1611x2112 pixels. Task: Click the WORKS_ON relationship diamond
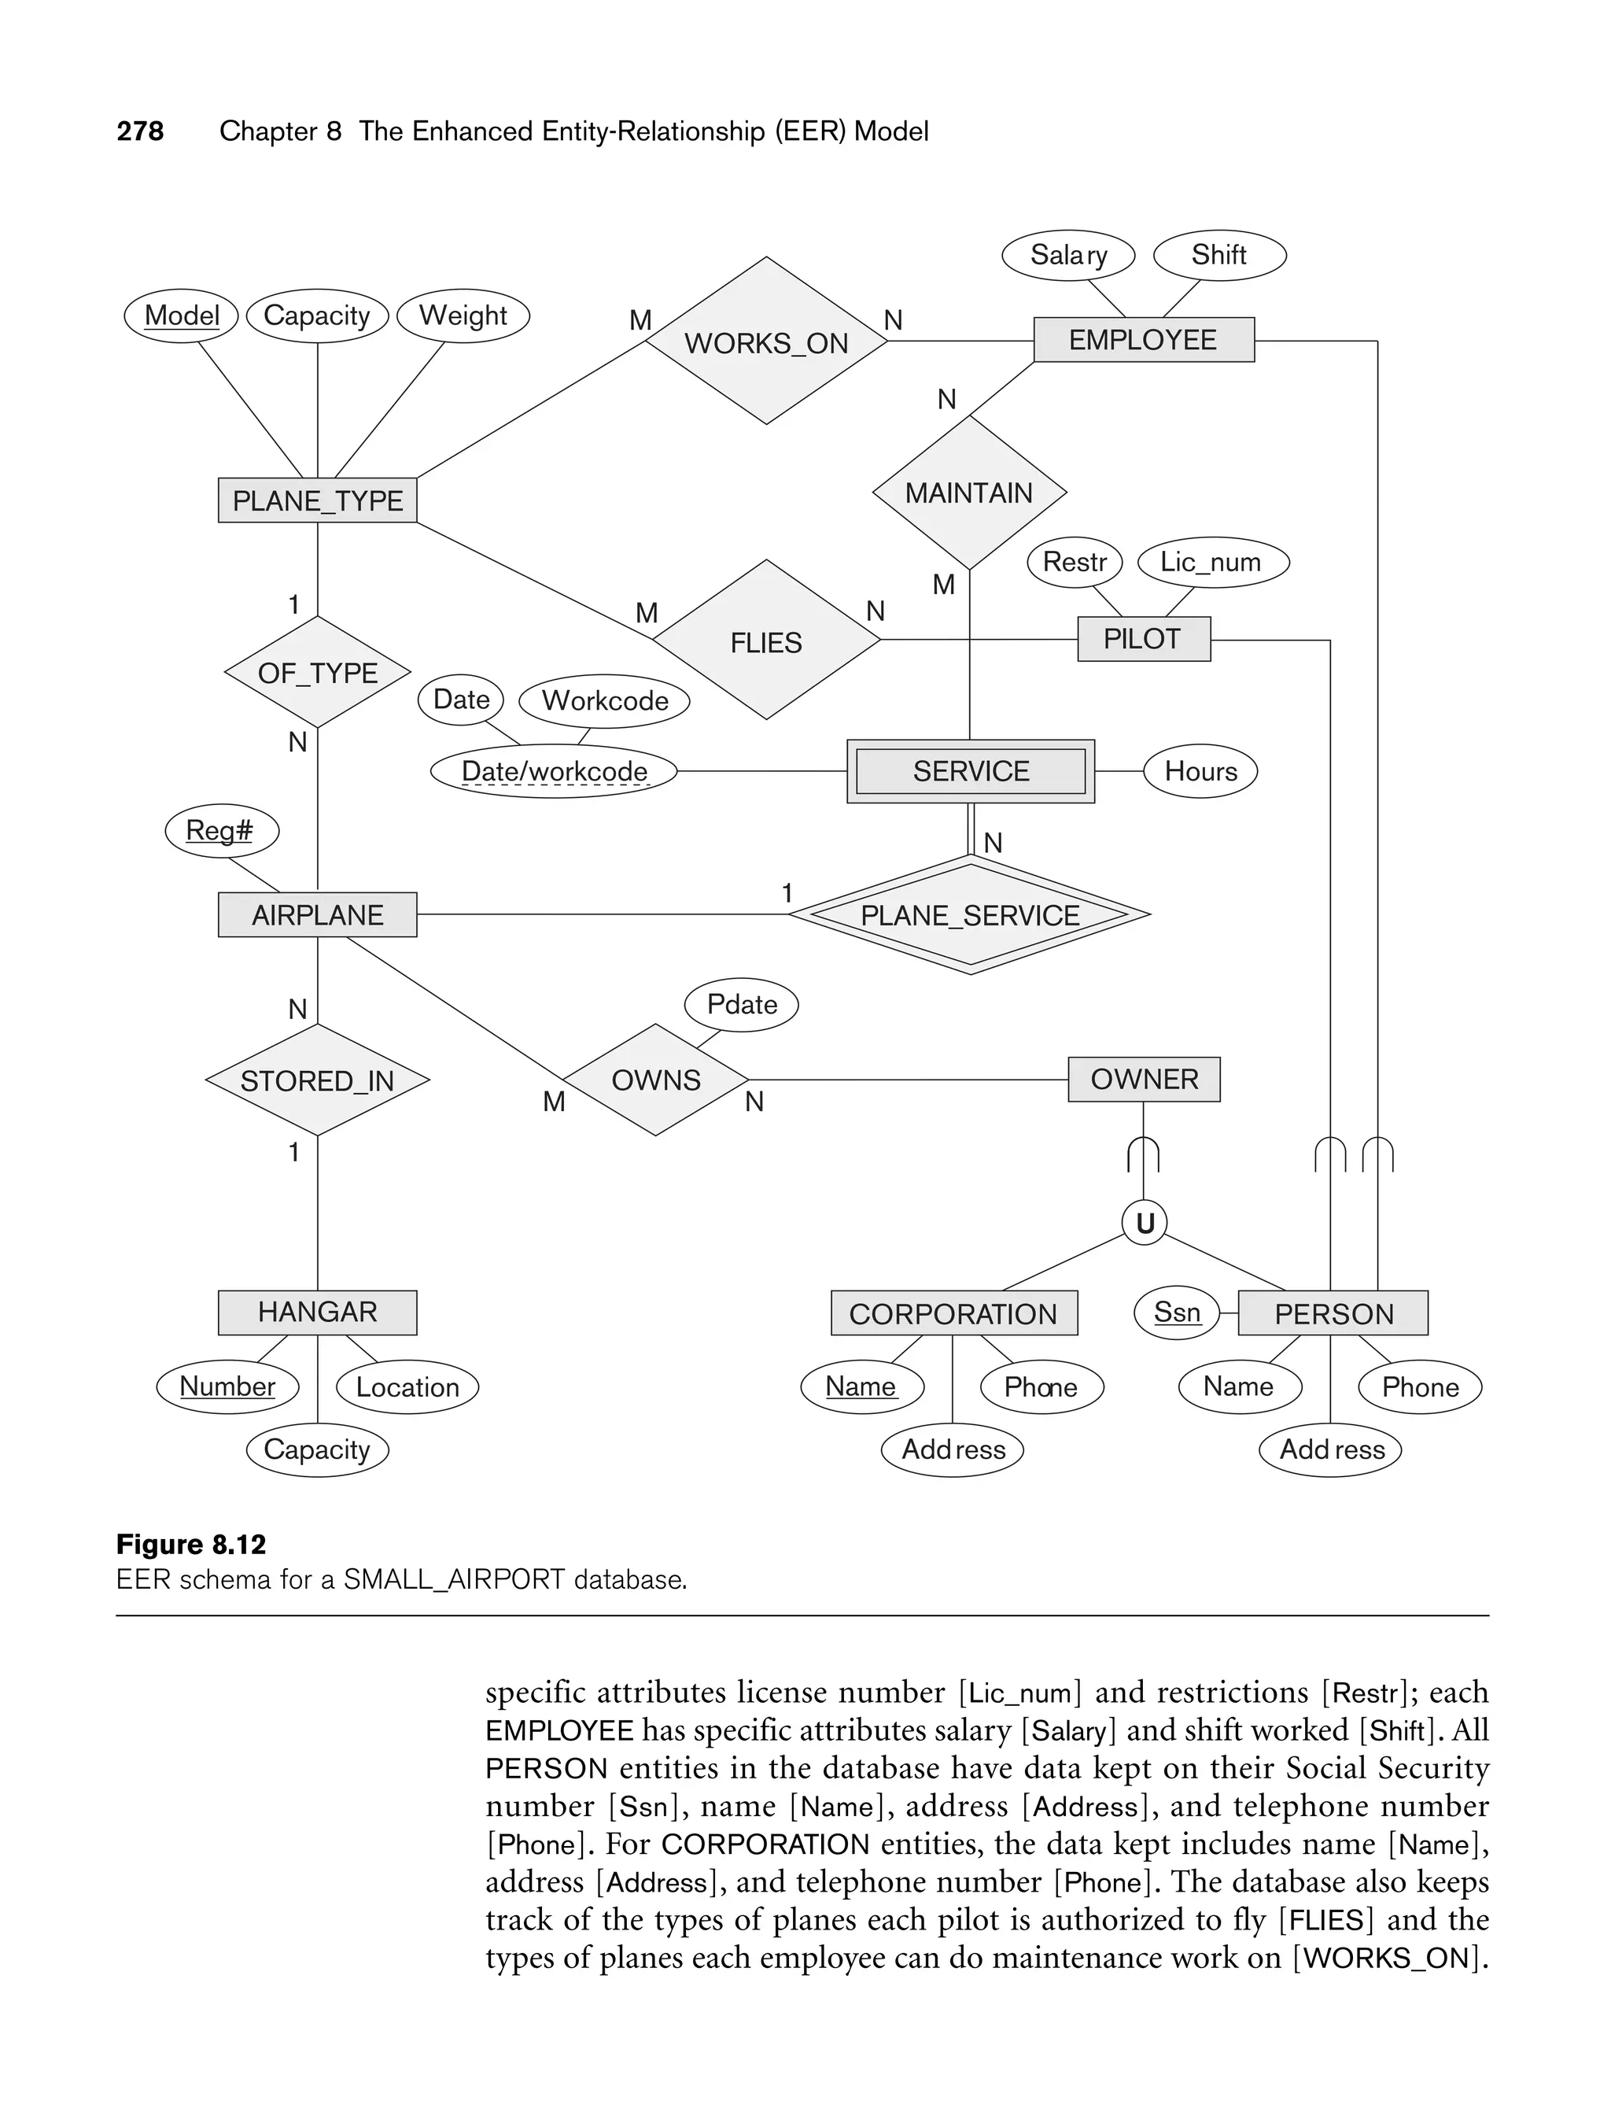click(x=766, y=342)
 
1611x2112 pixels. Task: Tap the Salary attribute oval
click(x=1068, y=255)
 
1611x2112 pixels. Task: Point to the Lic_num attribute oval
click(x=1212, y=562)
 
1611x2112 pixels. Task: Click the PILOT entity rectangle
click(x=1143, y=639)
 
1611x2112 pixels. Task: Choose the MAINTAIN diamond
click(x=968, y=493)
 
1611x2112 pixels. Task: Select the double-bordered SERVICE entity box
click(x=971, y=771)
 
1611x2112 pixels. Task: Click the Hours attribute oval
click(x=1200, y=771)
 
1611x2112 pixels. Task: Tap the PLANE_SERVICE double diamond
click(x=969, y=915)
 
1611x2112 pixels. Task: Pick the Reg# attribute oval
click(x=220, y=831)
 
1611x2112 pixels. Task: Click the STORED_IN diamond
click(x=318, y=1081)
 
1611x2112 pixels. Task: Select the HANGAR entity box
click(x=318, y=1312)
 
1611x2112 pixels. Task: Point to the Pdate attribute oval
click(x=741, y=1005)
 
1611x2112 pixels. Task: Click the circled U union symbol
click(x=1144, y=1223)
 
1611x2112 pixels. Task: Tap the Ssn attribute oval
click(x=1177, y=1312)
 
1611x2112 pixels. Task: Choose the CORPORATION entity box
click(x=953, y=1313)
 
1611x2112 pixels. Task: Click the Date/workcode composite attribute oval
click(x=555, y=771)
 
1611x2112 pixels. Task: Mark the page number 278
click(x=140, y=131)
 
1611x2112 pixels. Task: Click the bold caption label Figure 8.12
click(x=191, y=1544)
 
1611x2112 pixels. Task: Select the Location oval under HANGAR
click(x=407, y=1387)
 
